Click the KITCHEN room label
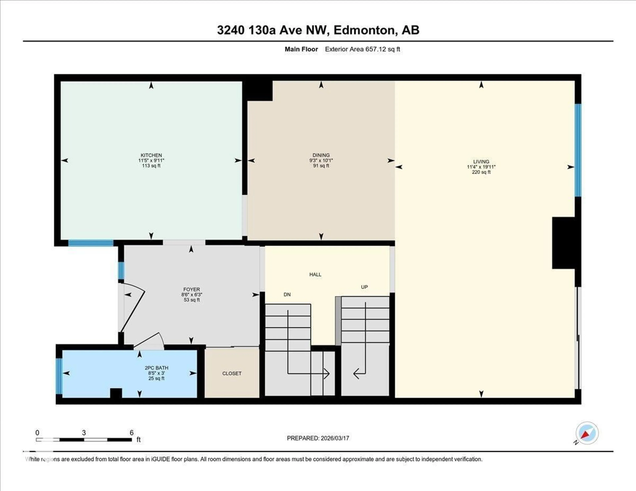(x=151, y=155)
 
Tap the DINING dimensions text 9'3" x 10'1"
(x=321, y=160)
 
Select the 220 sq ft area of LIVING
(x=481, y=172)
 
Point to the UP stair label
(x=364, y=287)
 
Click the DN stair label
(x=287, y=295)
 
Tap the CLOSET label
(x=232, y=373)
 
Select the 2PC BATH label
(x=156, y=368)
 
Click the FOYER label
(x=192, y=289)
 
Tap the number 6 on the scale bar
(x=132, y=433)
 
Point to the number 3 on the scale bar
(x=84, y=433)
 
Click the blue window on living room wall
(x=578, y=150)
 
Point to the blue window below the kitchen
(x=91, y=243)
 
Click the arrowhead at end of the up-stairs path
(x=356, y=374)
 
